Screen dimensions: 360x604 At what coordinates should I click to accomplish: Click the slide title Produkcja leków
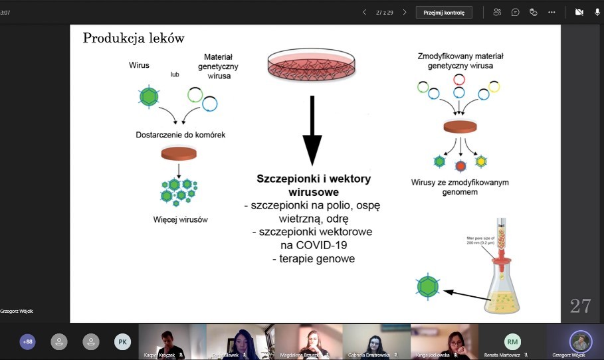click(x=134, y=39)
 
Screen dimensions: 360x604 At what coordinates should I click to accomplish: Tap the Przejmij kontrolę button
click(x=445, y=12)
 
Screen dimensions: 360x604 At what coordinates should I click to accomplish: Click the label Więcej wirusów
click(x=179, y=219)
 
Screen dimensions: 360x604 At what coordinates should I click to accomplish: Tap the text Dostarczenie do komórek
click(x=180, y=135)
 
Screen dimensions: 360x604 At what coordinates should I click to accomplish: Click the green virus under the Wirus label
click(x=149, y=96)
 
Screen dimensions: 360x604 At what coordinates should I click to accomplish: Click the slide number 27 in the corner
click(x=580, y=306)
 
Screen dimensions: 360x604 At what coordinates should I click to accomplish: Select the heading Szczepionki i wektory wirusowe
click(x=314, y=185)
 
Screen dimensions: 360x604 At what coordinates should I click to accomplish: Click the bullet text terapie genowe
click(x=314, y=258)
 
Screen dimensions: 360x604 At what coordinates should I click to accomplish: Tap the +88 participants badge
click(x=27, y=341)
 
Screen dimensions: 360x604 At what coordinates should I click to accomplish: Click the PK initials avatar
click(x=122, y=341)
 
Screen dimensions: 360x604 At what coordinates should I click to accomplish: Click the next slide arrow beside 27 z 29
click(x=404, y=12)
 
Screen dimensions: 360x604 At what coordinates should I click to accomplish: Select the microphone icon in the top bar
click(x=597, y=12)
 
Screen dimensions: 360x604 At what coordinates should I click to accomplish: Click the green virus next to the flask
click(x=428, y=286)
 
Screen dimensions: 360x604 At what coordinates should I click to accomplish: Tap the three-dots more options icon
click(x=552, y=12)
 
